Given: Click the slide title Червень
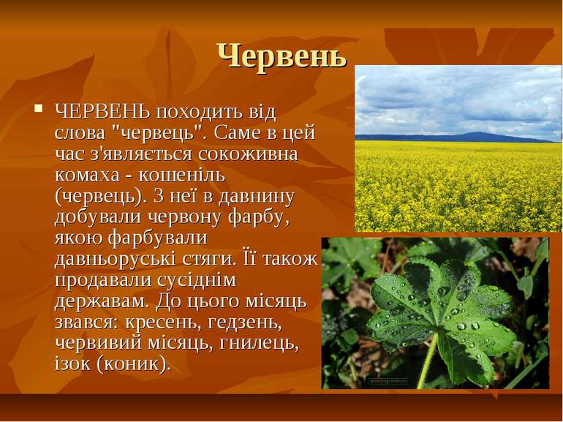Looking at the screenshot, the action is [281, 56].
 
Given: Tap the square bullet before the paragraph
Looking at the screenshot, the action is [39, 108].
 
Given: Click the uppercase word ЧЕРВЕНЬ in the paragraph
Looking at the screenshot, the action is [102, 112].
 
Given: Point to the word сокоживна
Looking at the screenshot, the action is [248, 154].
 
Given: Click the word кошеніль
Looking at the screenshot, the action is [182, 176].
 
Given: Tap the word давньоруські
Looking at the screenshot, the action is [115, 260].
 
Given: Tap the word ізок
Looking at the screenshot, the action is [72, 363].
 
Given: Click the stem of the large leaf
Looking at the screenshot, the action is [428, 361].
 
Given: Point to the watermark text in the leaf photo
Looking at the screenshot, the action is [388, 380].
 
